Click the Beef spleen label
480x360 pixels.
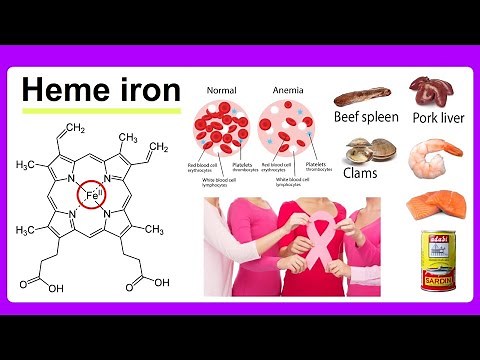point(366,117)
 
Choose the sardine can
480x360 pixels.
point(438,260)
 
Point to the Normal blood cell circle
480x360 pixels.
point(223,128)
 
